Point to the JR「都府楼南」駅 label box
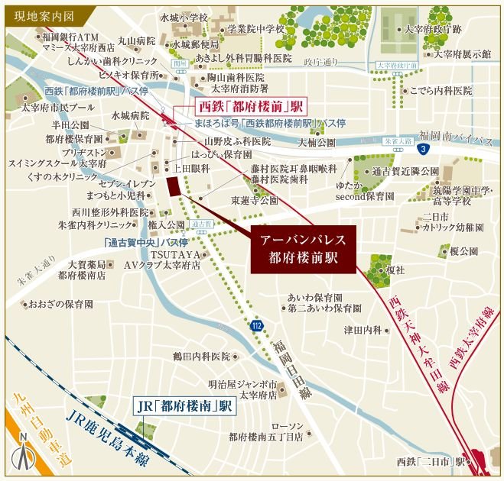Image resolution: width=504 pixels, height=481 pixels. (183, 406)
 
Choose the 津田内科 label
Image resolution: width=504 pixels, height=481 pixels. (362, 330)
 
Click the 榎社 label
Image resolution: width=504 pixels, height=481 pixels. (395, 270)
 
